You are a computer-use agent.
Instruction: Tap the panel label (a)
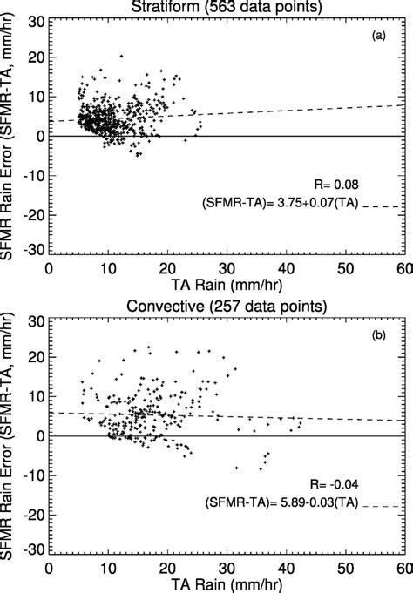point(379,38)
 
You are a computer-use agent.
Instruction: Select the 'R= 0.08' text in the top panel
point(333,185)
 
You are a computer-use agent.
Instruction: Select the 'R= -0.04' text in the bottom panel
point(330,482)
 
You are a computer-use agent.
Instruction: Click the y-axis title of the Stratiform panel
point(10,135)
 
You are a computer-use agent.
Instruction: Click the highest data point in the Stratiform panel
point(121,56)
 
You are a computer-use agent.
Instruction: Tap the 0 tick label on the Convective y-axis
point(38,435)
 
